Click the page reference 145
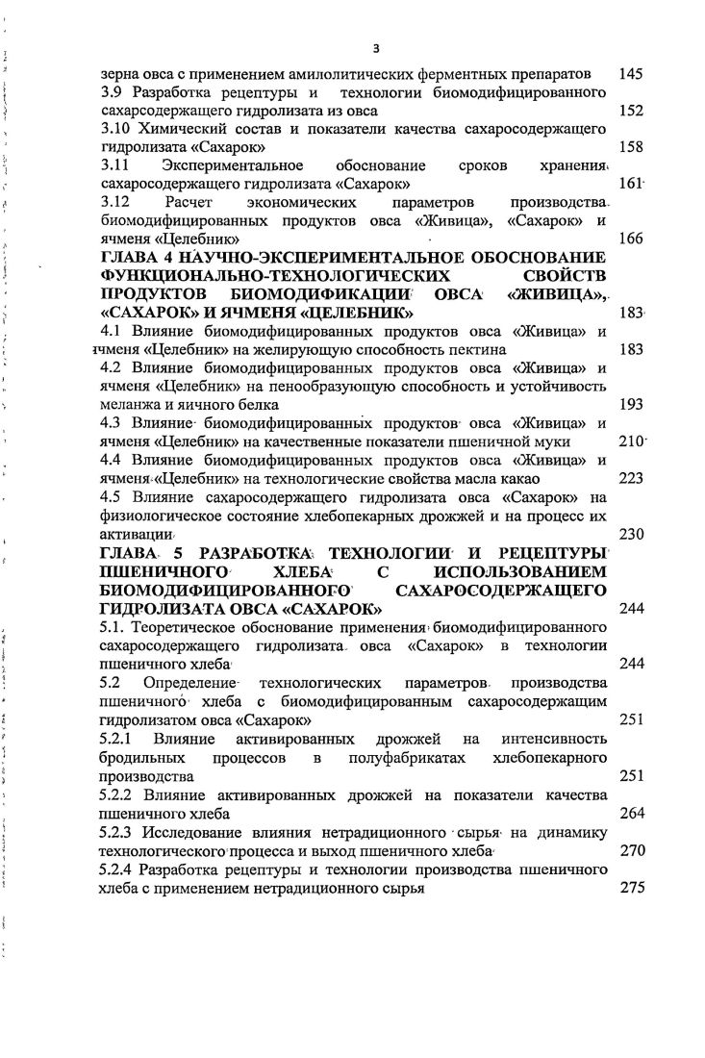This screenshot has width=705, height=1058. (x=631, y=73)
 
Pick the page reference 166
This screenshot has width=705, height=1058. (x=631, y=239)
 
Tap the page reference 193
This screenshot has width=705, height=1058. (x=631, y=405)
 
